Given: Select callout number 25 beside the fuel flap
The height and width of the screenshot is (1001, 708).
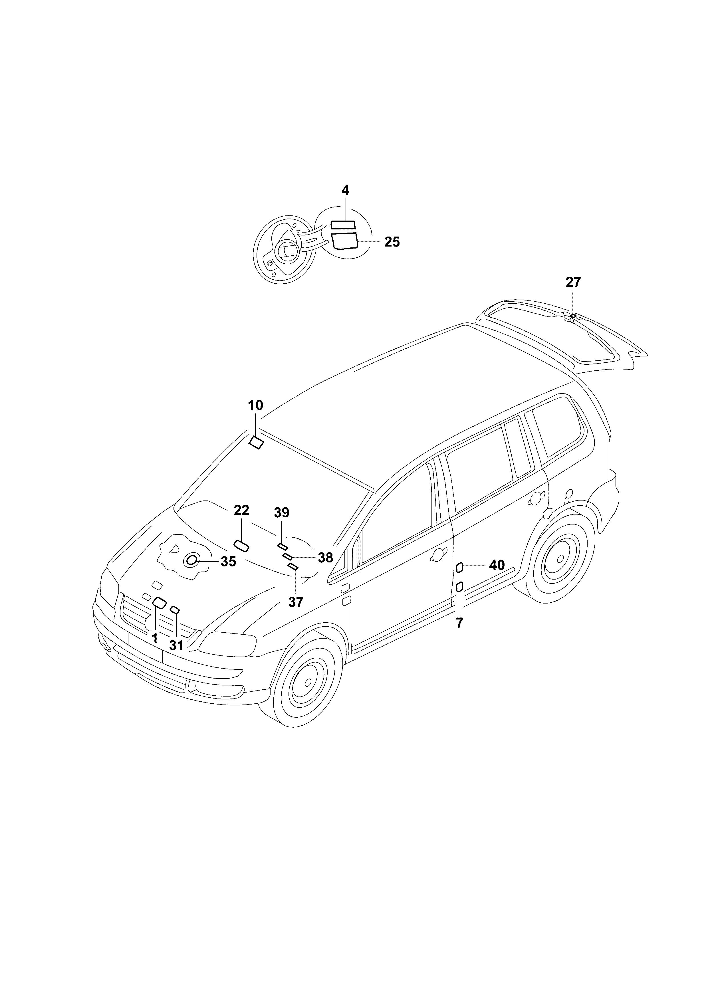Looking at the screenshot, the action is (x=392, y=242).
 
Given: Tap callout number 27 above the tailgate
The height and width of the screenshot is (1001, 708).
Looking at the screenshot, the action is (x=573, y=282).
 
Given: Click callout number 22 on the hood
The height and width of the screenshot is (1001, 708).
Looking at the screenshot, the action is (x=241, y=510).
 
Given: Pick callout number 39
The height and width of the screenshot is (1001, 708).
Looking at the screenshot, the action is (x=282, y=513).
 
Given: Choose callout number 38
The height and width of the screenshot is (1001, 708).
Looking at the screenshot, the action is (x=325, y=558).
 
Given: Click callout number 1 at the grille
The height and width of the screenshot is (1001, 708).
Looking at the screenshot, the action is (x=154, y=639).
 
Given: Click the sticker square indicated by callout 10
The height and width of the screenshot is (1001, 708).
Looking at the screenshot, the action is (x=256, y=443).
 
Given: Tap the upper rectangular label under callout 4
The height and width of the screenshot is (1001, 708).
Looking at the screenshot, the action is (x=343, y=225).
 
